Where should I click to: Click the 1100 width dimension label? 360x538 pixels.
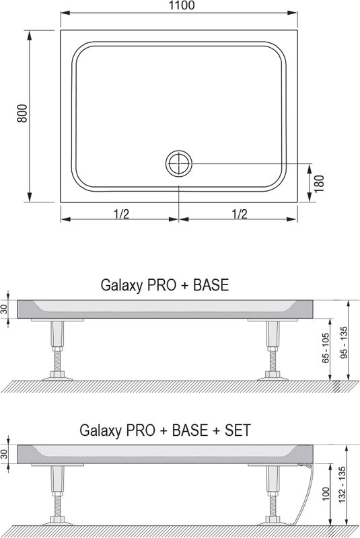click(182, 5)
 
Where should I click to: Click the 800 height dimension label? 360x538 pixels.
click(22, 113)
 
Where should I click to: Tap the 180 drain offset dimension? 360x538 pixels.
click(319, 184)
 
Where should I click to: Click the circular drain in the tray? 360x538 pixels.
click(179, 163)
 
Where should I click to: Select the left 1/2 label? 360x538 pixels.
click(121, 214)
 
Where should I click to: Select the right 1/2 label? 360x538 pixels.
click(239, 214)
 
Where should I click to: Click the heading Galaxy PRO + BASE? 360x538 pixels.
click(165, 285)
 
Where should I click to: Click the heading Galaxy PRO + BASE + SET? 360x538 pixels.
click(165, 430)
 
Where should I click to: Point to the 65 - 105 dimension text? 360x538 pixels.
click(325, 348)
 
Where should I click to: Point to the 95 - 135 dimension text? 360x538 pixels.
click(344, 342)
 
